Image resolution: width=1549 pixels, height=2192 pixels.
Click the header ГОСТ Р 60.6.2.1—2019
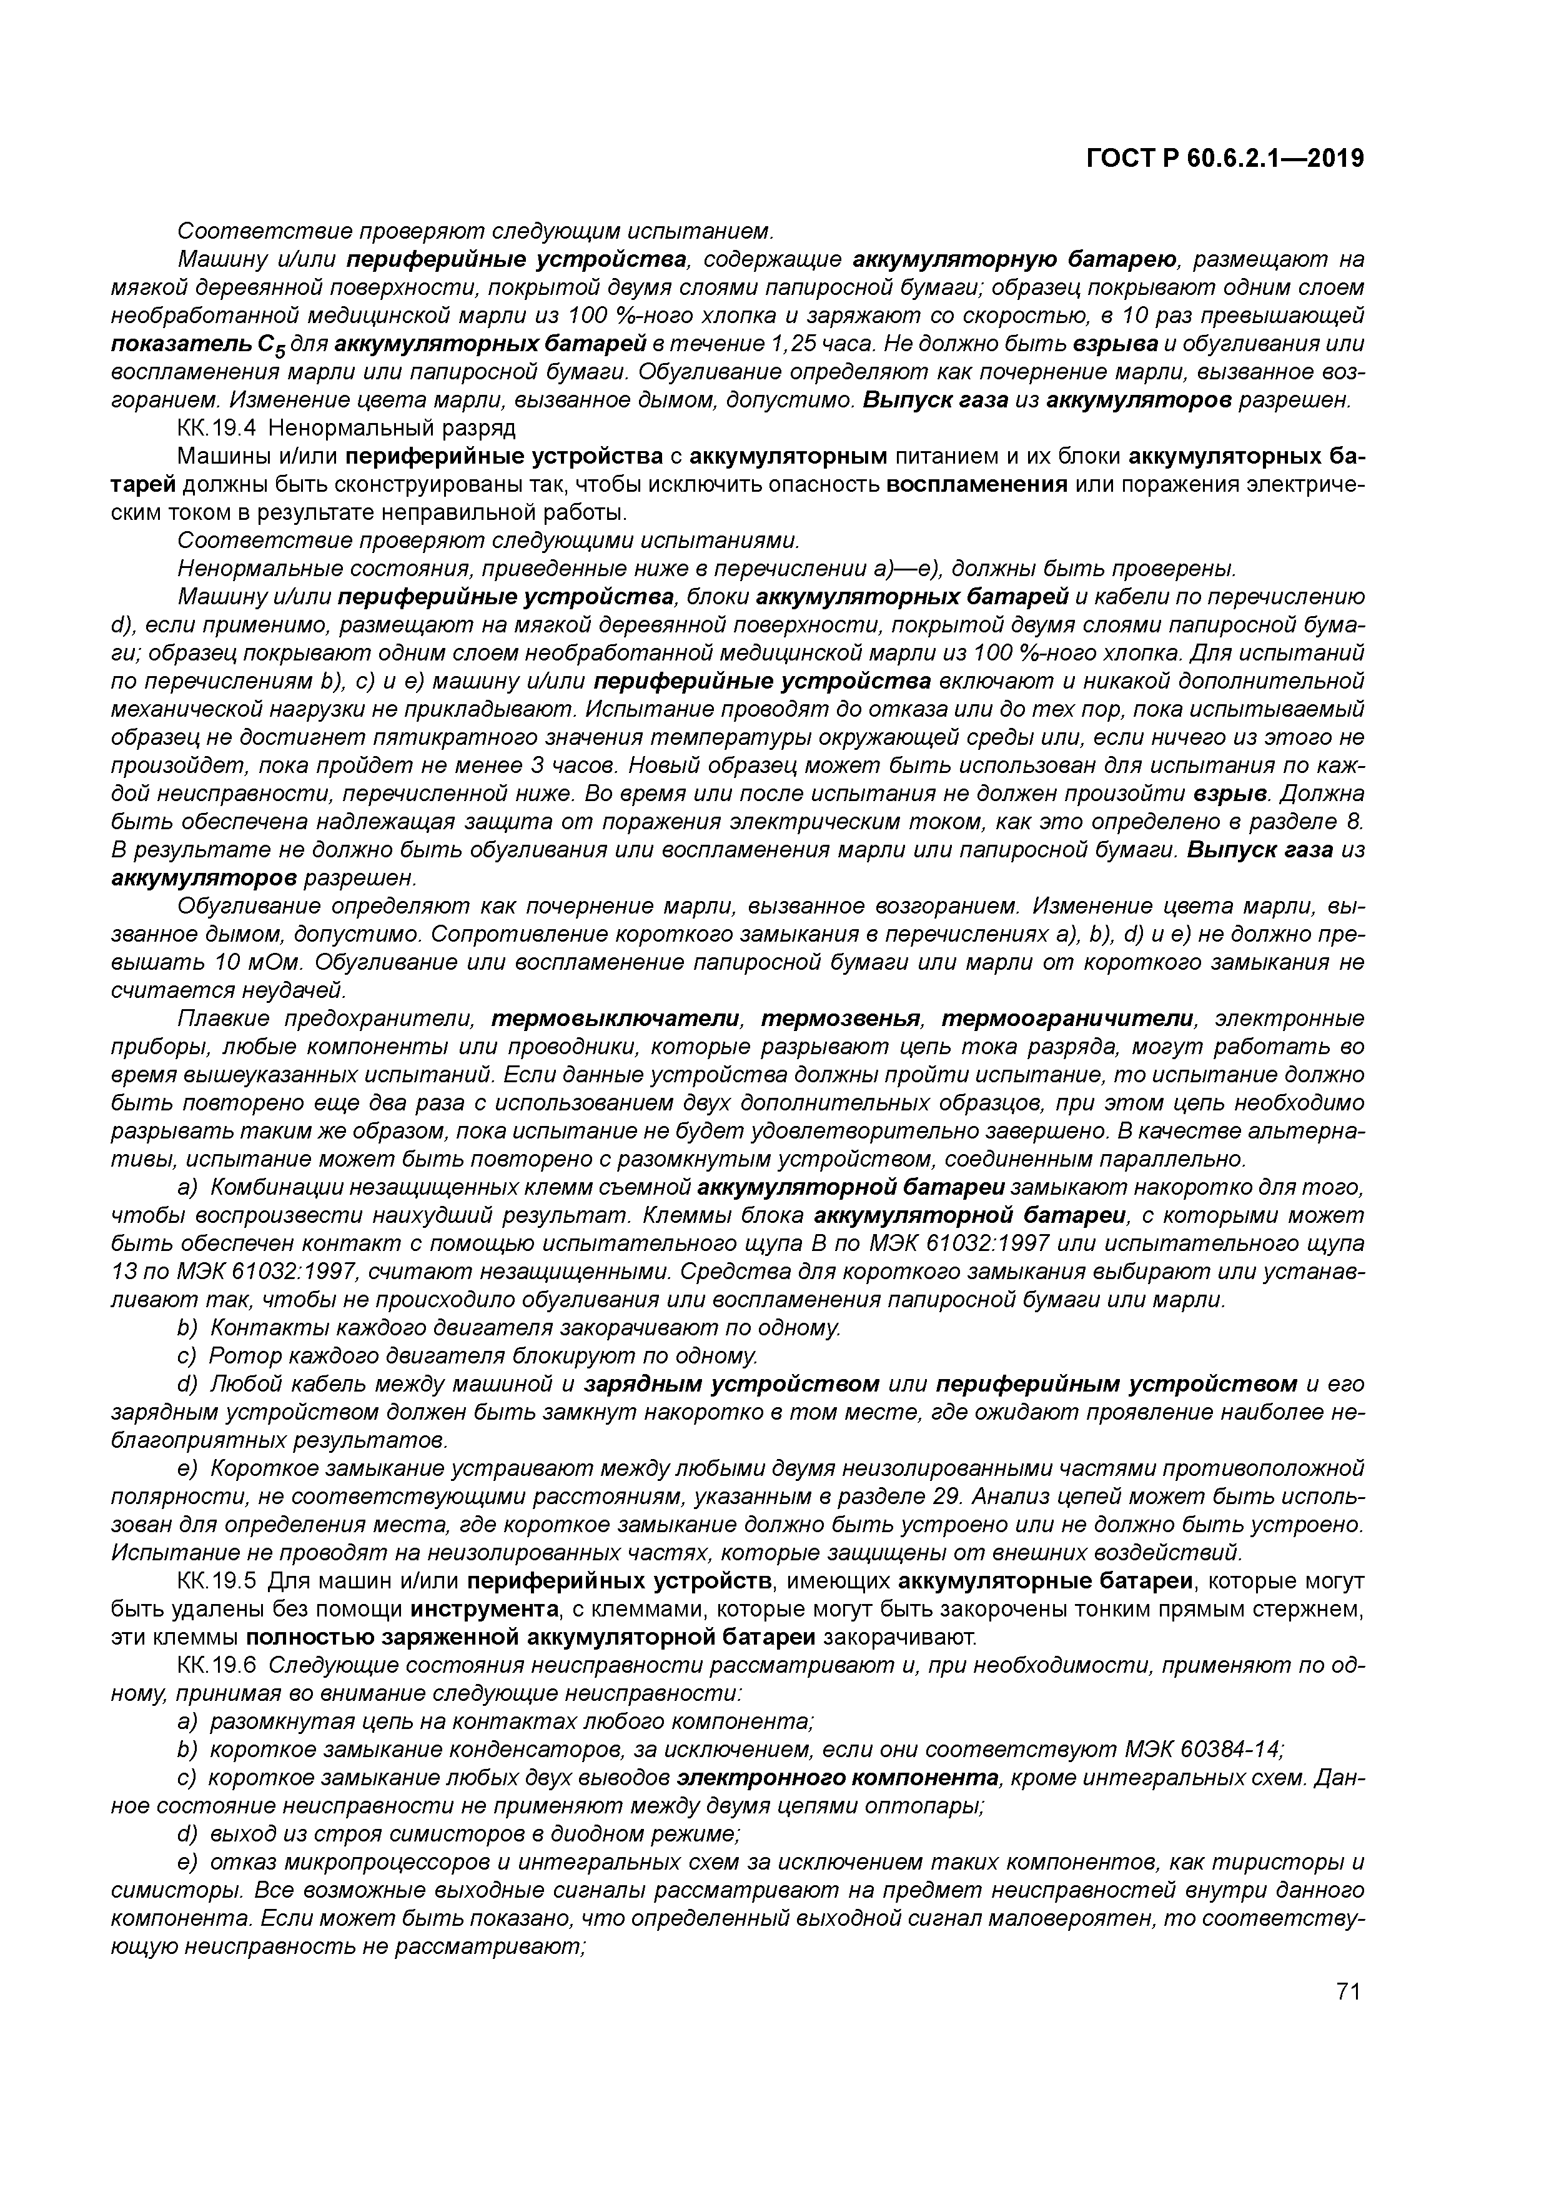1224,159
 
